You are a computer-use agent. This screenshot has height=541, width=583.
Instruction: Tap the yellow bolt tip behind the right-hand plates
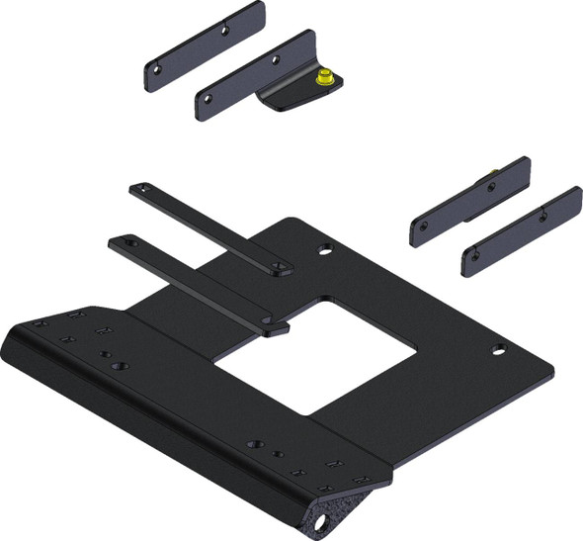coord(491,179)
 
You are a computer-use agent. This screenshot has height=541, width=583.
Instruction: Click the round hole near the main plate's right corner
coord(500,349)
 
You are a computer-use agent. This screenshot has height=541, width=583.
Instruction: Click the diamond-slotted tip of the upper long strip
coord(281,267)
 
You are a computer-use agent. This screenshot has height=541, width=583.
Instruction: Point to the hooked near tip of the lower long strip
coord(277,325)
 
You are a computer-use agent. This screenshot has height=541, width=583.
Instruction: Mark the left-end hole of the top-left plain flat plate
coord(154,69)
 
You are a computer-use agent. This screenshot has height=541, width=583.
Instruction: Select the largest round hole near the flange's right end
coord(254,445)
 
